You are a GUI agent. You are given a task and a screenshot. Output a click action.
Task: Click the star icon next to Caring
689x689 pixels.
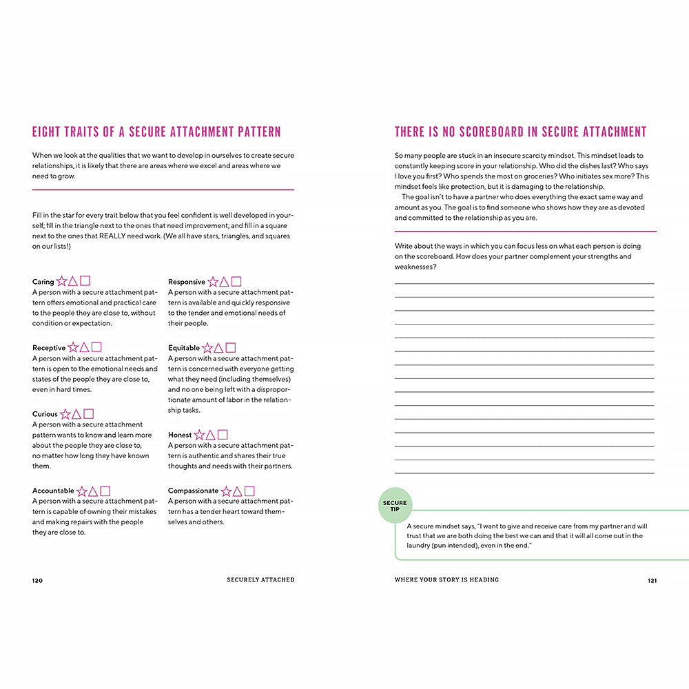pos(62,281)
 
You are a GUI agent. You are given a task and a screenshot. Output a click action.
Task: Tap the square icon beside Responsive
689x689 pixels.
pos(236,281)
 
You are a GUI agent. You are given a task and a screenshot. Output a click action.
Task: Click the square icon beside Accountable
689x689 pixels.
pos(105,491)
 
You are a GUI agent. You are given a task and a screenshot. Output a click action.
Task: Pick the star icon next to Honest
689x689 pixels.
pos(199,435)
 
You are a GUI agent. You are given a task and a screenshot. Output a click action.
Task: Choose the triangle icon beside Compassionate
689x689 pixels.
pos(237,491)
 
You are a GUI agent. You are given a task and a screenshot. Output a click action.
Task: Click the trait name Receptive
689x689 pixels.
pos(49,348)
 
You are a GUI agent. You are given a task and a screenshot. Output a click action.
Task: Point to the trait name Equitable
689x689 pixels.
pos(184,348)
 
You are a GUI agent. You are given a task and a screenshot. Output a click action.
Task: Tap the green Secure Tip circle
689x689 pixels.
pos(395,506)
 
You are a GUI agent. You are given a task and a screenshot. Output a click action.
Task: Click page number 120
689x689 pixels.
pos(37,580)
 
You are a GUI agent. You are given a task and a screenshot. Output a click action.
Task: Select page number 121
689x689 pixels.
pos(652,580)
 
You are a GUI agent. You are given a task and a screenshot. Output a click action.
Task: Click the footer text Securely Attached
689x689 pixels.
pos(260,580)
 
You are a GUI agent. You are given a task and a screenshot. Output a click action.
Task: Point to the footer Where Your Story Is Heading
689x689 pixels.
pos(446,580)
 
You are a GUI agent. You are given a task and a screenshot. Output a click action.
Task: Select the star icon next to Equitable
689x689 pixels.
pos(207,348)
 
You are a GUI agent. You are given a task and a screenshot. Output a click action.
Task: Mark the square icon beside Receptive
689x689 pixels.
pos(96,347)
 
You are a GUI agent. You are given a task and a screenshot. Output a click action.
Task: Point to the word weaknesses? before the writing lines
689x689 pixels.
pos(415,267)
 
